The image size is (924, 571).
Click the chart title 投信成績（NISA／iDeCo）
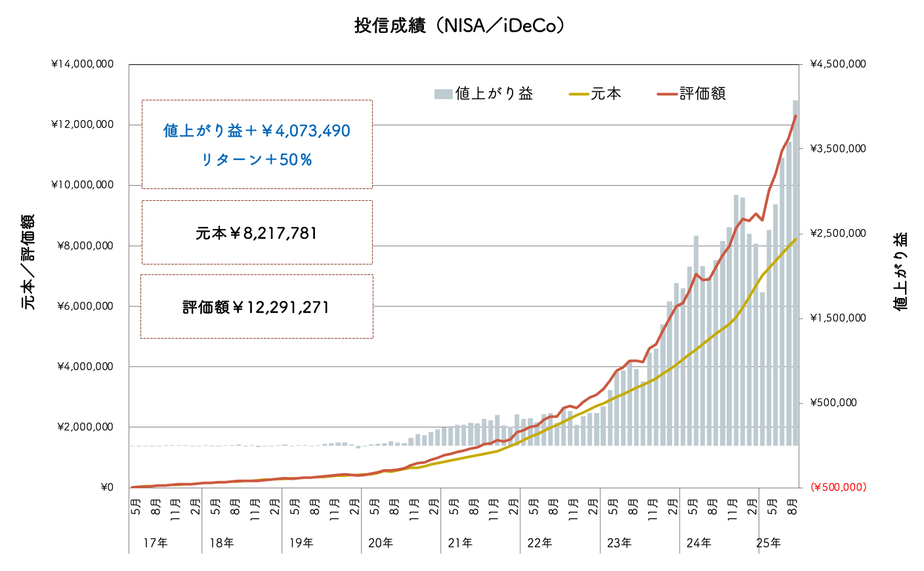pyautogui.click(x=459, y=26)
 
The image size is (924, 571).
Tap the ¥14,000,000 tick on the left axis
pyautogui.click(x=82, y=64)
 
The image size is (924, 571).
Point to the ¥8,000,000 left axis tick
pyautogui.click(x=85, y=246)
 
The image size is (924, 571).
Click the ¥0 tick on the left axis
pyautogui.click(x=107, y=488)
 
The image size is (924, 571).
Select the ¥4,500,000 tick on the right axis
pyautogui.click(x=838, y=64)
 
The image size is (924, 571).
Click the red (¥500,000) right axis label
pyautogui.click(x=838, y=487)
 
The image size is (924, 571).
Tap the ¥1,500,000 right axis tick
pyautogui.click(x=838, y=318)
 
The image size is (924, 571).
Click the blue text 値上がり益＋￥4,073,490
pyautogui.click(x=257, y=131)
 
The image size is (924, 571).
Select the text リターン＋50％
pyautogui.click(x=257, y=159)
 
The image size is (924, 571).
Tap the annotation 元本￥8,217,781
pyautogui.click(x=257, y=233)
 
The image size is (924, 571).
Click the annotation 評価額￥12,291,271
pyautogui.click(x=257, y=307)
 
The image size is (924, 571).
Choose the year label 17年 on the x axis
pyautogui.click(x=155, y=543)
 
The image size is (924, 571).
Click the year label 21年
pyautogui.click(x=460, y=543)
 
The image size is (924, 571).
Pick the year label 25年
pyautogui.click(x=768, y=543)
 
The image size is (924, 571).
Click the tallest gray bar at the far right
pyautogui.click(x=795, y=276)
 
